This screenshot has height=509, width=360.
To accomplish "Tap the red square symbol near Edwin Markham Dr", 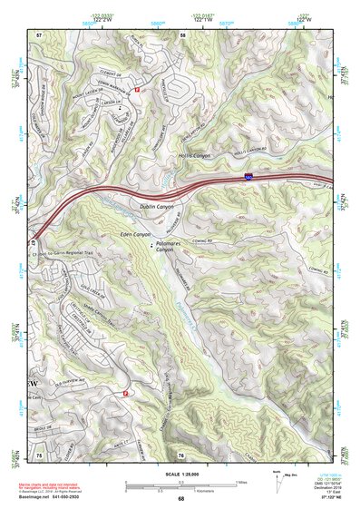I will (x=138, y=91).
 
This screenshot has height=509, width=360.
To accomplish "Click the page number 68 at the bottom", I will (x=180, y=498).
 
